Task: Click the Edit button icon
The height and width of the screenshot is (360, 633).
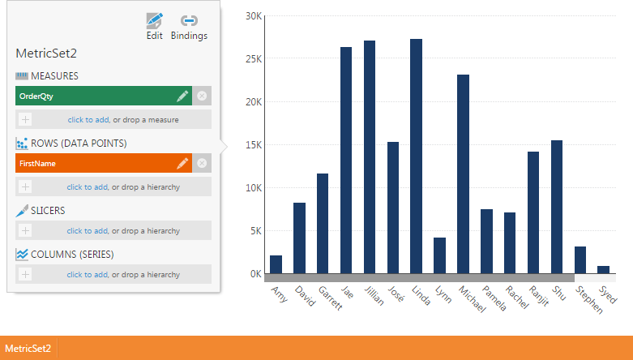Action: (x=154, y=20)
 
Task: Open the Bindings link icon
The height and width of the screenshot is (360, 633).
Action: (x=189, y=20)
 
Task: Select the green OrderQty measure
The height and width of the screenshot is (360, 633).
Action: (x=104, y=96)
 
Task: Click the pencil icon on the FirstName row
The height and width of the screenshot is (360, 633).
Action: (x=182, y=163)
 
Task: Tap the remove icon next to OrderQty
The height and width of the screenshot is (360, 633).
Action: (x=202, y=96)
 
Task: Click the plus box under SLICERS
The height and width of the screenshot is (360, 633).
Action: (x=25, y=231)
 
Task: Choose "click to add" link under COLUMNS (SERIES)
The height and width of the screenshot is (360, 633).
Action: (x=88, y=275)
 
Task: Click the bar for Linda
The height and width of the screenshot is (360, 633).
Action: (x=417, y=156)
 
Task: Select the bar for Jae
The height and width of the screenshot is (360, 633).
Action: (x=346, y=161)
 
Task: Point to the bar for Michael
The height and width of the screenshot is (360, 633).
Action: (x=463, y=174)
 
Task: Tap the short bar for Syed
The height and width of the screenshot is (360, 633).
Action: (x=604, y=270)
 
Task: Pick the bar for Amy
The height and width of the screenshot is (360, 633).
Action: (x=276, y=264)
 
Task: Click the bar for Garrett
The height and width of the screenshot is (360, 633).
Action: (x=323, y=224)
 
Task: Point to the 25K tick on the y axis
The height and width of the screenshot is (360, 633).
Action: (x=254, y=59)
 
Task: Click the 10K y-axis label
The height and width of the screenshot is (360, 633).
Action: (x=254, y=188)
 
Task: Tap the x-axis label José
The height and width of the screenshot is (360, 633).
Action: (x=396, y=294)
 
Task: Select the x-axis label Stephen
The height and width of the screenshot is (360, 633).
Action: (x=589, y=299)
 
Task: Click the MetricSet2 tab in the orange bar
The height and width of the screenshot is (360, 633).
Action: (x=28, y=349)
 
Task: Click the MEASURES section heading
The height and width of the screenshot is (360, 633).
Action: (x=54, y=76)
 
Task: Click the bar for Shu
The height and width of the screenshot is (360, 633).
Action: (x=557, y=207)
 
